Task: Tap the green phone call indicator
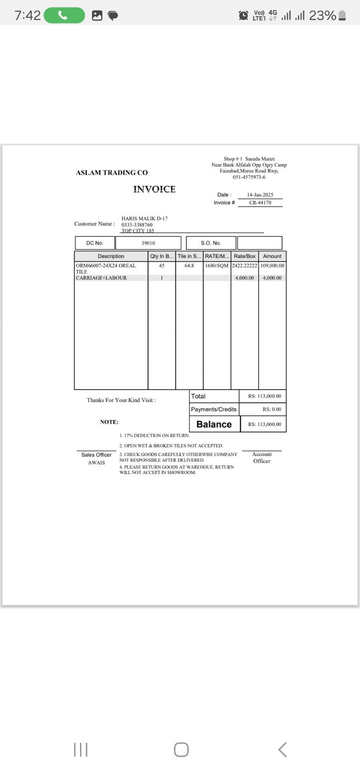64,16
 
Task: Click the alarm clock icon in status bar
243,16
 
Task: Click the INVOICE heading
154,189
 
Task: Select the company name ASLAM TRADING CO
112,173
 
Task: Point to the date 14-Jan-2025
260,195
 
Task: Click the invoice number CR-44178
260,203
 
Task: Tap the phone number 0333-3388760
137,225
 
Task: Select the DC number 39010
148,243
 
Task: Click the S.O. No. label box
211,243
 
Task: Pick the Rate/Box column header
244,256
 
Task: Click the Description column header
111,256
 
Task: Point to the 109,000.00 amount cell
272,266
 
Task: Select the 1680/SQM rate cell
217,266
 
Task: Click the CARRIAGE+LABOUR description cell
102,278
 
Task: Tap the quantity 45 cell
162,266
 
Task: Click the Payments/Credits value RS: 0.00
272,409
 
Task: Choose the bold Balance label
214,424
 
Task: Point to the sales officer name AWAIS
96,463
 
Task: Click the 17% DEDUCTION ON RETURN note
154,436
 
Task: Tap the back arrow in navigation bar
282,750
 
